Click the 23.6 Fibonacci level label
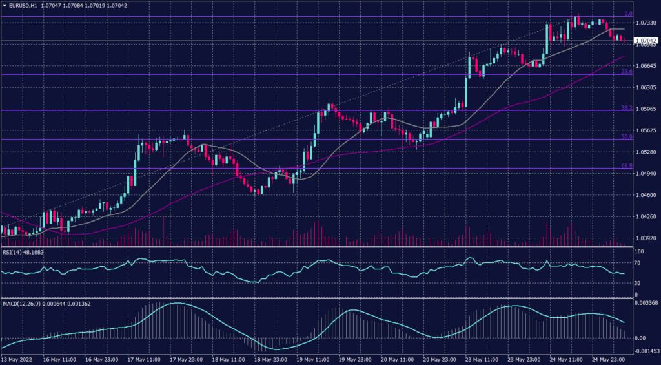click(626, 72)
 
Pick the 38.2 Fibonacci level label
click(626, 107)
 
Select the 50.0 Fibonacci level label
click(626, 137)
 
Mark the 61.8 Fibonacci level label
click(626, 166)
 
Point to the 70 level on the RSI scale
click(636, 263)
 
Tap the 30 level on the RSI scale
click(636, 283)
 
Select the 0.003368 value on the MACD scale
click(646, 303)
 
